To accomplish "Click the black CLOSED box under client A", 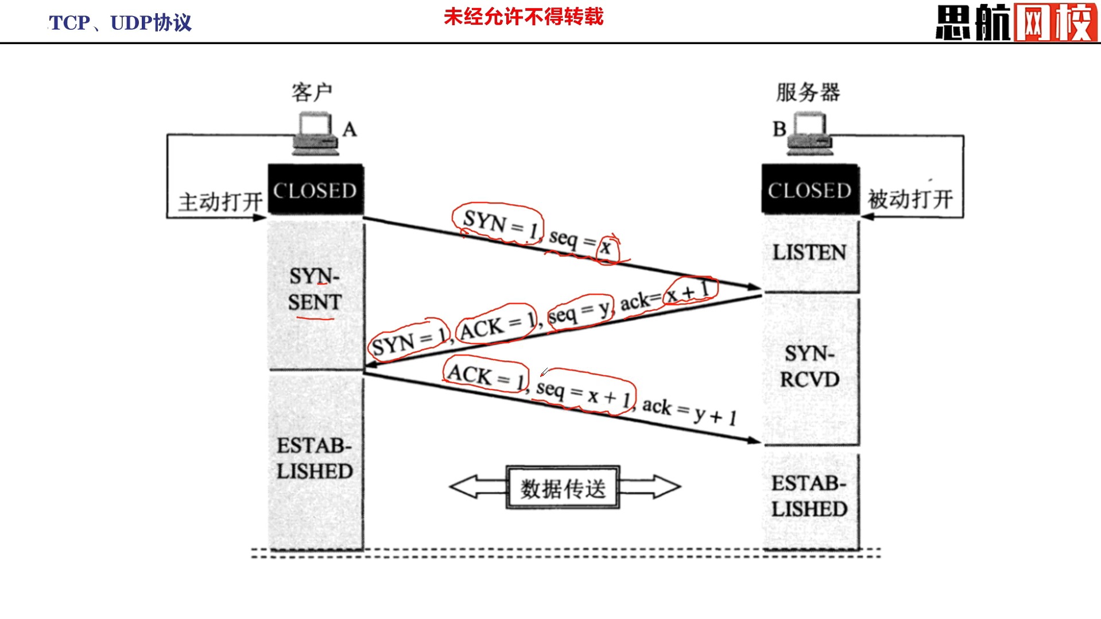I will tap(315, 190).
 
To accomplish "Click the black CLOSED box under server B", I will tap(809, 190).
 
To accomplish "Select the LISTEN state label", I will tap(809, 252).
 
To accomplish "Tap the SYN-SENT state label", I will tap(315, 289).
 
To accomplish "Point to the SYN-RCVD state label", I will tap(809, 366).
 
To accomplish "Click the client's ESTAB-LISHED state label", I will tap(315, 458).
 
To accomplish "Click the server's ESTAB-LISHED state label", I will tap(809, 496).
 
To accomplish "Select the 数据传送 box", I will tap(563, 488).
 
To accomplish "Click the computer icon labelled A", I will tap(315, 134).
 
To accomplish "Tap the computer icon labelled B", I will tap(809, 134).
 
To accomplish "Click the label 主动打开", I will tap(220, 202).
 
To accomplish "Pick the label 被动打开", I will tap(910, 200).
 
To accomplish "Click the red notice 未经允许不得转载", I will tap(524, 17).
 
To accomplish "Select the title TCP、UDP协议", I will tap(120, 23).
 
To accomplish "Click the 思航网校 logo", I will tap(1016, 22).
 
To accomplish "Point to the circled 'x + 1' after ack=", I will tap(689, 291).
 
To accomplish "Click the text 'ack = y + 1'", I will tap(689, 411).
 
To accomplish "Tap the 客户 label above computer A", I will tap(312, 92).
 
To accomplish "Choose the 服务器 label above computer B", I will tap(808, 92).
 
